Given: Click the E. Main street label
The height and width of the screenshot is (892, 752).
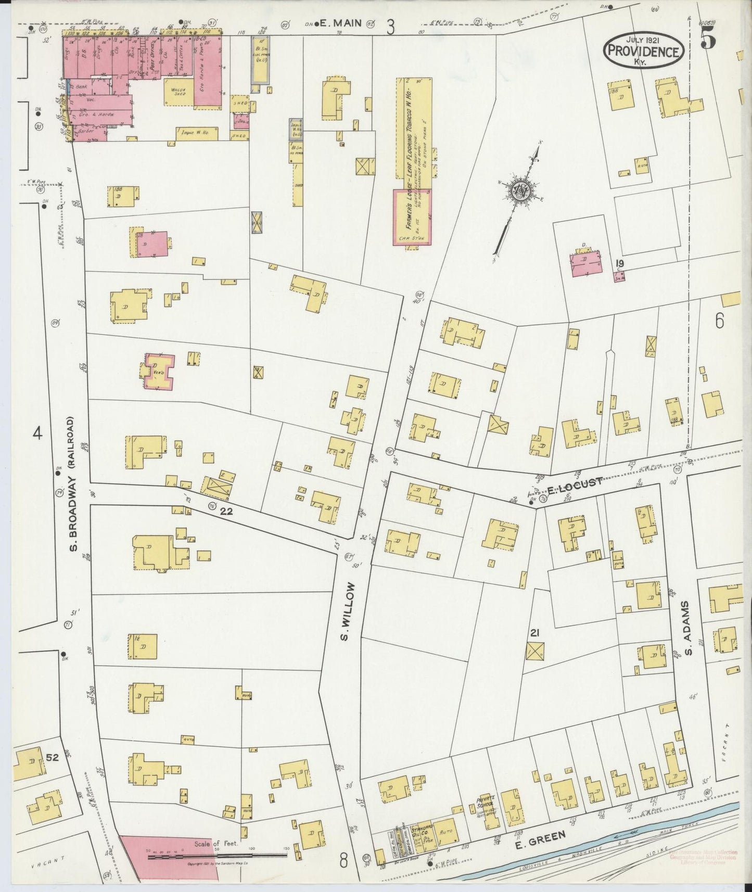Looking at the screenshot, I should [x=327, y=23].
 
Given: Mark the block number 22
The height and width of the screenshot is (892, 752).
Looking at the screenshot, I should [x=226, y=511].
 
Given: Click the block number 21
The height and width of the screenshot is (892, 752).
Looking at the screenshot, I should [x=534, y=633].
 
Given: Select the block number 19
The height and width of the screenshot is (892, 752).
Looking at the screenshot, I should [x=619, y=263].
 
